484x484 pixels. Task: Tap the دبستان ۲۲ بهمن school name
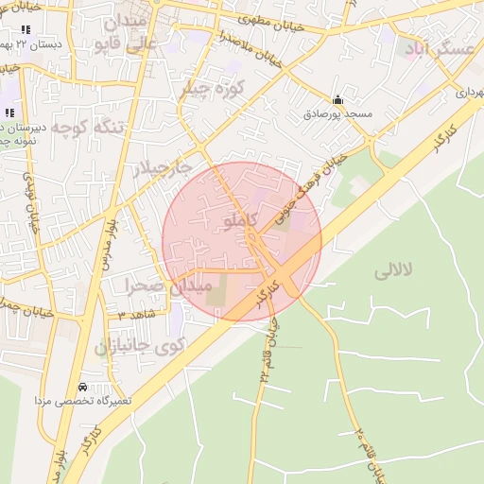39,44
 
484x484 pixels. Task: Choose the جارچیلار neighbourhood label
161,167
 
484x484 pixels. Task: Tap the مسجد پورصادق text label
338,113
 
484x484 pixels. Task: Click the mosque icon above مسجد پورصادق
338,99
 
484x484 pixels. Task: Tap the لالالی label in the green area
393,272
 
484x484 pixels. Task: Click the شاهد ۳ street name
135,313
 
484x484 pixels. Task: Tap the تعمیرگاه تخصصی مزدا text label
83,402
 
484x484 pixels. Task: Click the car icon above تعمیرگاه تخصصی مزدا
83,388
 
